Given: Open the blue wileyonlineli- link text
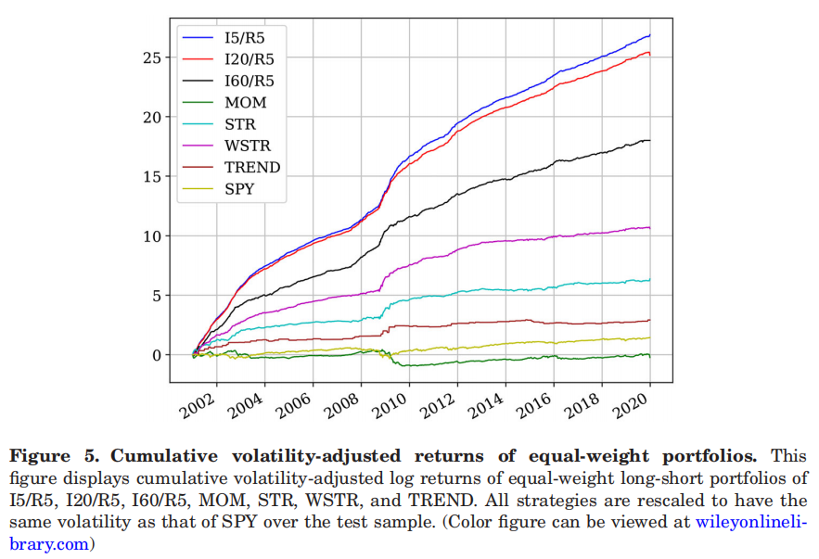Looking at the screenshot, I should pos(752,523).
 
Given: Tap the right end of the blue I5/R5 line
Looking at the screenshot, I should pos(649,35).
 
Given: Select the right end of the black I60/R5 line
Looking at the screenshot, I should pos(649,140).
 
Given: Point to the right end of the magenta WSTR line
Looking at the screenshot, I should pos(649,227).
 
